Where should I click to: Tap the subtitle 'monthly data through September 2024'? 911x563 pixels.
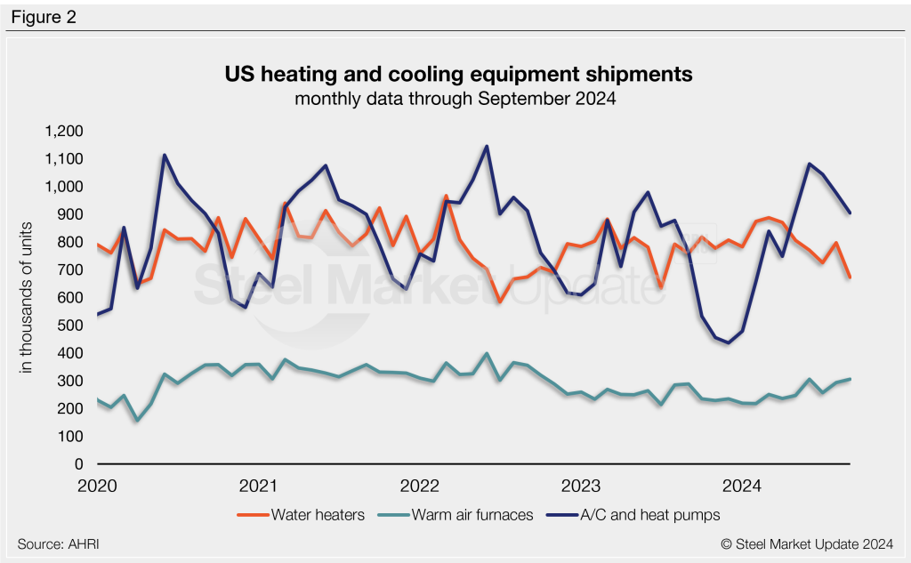click(455, 99)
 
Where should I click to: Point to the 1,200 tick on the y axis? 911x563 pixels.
click(64, 132)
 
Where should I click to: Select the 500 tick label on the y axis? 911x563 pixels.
click(71, 326)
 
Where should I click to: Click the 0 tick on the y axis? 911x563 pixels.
click(80, 464)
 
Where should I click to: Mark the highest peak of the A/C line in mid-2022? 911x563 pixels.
click(486, 146)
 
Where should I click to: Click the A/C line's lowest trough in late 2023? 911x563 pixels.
click(729, 342)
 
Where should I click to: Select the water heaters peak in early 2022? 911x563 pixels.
click(446, 196)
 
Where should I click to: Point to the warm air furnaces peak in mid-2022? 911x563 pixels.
click(486, 353)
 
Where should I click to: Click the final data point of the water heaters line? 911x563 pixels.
click(850, 277)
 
